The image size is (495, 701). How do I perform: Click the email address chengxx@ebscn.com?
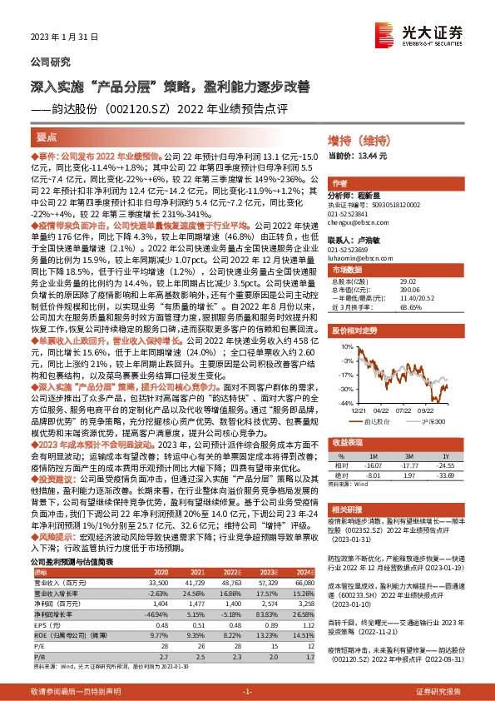click(354, 224)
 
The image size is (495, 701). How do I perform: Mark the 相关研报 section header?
click(344, 507)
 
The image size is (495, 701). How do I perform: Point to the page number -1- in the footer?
click(247, 692)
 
